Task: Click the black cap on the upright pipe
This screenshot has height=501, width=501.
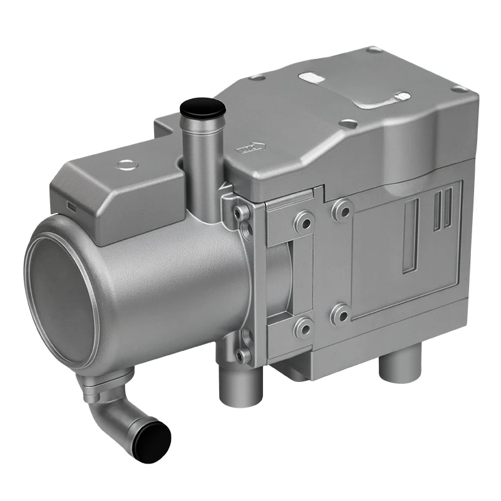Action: pos(202,108)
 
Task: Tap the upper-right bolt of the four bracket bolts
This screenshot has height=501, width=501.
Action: pos(343,210)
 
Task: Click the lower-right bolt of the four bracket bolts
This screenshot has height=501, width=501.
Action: pos(341,312)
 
